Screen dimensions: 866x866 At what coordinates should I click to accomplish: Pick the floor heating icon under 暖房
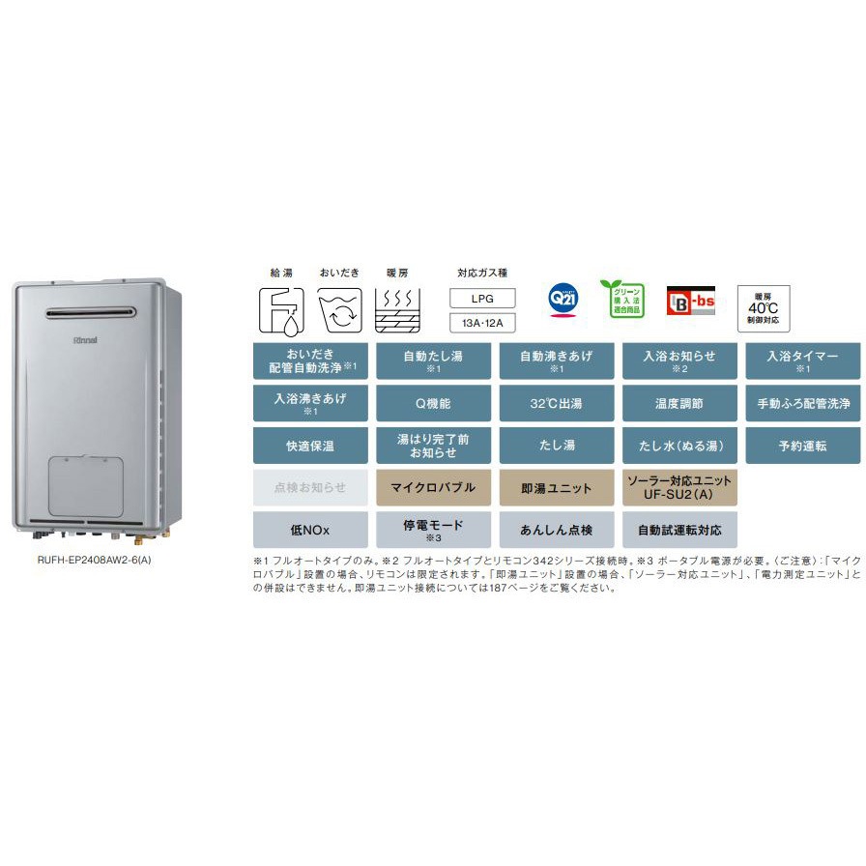pyautogui.click(x=396, y=309)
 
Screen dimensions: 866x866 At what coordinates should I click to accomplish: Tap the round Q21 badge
pyautogui.click(x=561, y=299)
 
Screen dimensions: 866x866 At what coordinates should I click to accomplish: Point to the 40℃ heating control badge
pyautogui.click(x=764, y=308)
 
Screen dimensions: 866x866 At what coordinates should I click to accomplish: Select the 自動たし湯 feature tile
pyautogui.click(x=433, y=361)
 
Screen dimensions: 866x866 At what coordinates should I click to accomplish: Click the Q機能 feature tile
pyautogui.click(x=433, y=403)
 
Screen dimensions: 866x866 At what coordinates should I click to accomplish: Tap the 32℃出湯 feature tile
pyautogui.click(x=557, y=403)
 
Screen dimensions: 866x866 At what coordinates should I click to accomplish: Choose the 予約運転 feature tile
pyautogui.click(x=802, y=446)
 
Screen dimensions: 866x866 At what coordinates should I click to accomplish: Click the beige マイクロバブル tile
pyautogui.click(x=433, y=487)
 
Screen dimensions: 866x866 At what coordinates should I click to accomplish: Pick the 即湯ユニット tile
pyautogui.click(x=557, y=487)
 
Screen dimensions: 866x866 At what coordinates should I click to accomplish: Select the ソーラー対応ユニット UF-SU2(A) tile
pyautogui.click(x=679, y=487)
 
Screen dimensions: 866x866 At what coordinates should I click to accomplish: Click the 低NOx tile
pyautogui.click(x=310, y=530)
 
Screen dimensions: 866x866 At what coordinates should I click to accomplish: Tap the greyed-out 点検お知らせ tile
pyautogui.click(x=310, y=487)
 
